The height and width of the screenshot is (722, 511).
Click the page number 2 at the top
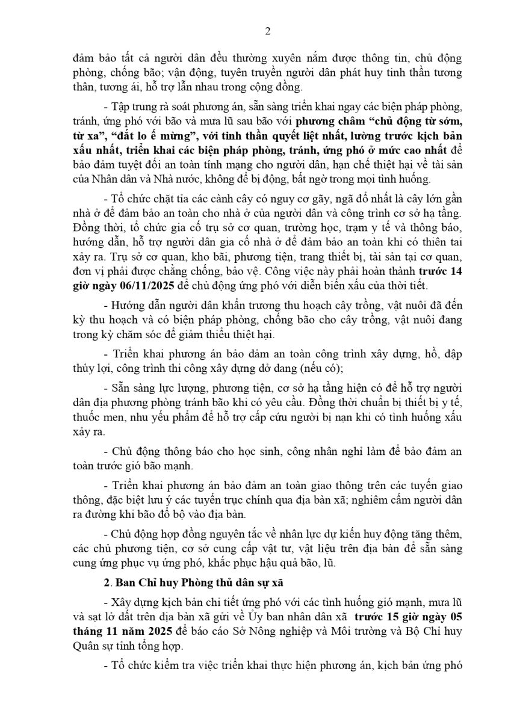[267, 32]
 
